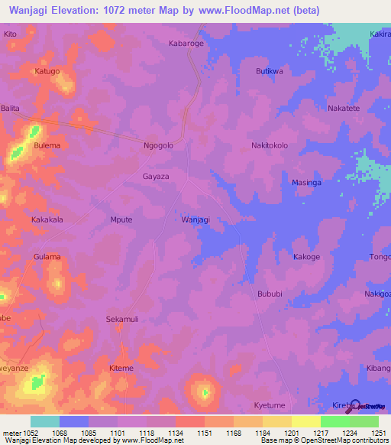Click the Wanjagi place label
[x=195, y=219]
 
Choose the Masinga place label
[x=307, y=183]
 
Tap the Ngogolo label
[x=159, y=145]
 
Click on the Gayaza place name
[x=155, y=176]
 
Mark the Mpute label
[x=121, y=219]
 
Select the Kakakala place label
[x=47, y=219]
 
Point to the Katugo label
[x=47, y=71]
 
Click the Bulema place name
[x=47, y=145]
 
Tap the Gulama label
[x=47, y=257]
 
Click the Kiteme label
[x=121, y=368]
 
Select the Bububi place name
[x=270, y=294]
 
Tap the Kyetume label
[x=269, y=404]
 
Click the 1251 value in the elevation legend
[x=379, y=433]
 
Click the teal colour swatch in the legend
[x=44, y=421]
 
